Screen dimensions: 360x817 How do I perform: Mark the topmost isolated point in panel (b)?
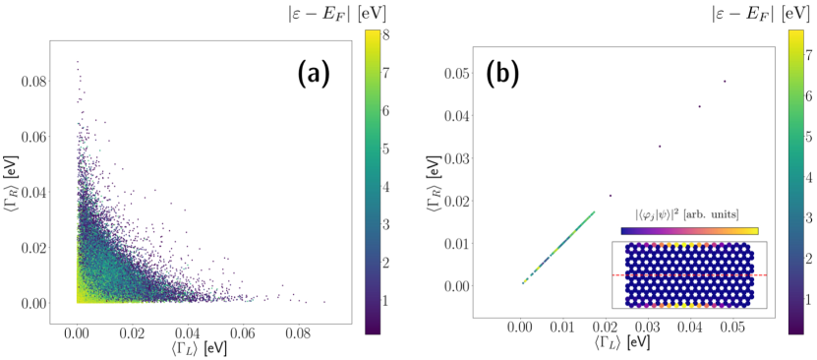click(725, 82)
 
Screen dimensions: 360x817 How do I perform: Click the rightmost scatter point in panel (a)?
click(324, 301)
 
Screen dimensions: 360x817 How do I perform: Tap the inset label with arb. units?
click(687, 213)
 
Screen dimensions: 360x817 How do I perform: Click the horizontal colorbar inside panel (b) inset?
click(689, 230)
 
